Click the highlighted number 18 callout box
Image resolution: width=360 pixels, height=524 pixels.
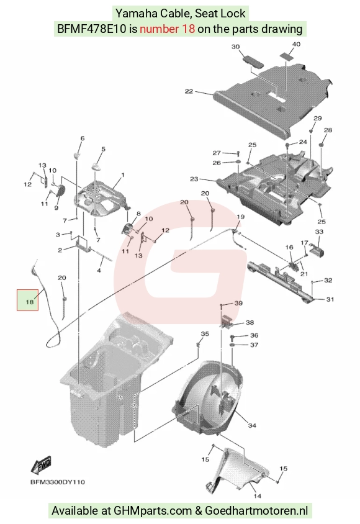click(28, 300)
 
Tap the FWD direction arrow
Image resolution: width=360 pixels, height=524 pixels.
click(41, 464)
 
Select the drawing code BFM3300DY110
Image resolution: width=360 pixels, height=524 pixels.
click(58, 482)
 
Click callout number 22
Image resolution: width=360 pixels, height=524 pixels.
click(189, 91)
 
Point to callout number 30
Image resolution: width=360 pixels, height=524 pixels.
click(235, 47)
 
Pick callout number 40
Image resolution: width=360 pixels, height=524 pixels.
click(296, 44)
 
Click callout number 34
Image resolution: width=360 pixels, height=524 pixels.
click(252, 425)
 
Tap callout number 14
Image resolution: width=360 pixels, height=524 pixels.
click(257, 496)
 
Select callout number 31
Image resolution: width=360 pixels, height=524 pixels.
click(330, 299)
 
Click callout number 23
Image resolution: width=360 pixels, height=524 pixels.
click(194, 179)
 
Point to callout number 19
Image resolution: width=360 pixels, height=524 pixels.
click(240, 217)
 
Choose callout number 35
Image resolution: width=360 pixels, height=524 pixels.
click(205, 333)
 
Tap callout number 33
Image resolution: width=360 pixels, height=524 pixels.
click(319, 231)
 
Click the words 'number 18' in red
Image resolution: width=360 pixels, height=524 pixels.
click(168, 29)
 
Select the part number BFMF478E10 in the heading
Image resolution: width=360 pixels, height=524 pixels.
click(92, 29)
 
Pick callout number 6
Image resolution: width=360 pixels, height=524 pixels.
click(83, 138)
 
